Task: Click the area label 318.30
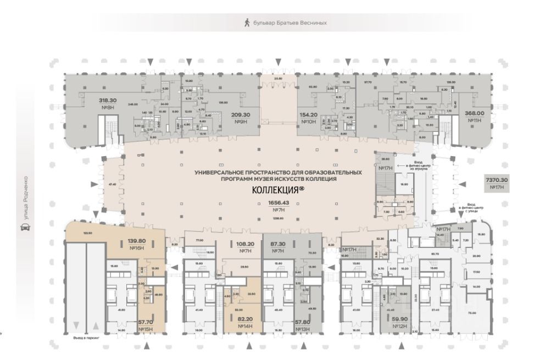(108, 101)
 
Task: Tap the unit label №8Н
(108, 108)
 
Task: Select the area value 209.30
(240, 115)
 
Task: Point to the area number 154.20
(309, 115)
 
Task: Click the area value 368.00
(474, 113)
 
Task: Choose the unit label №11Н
(474, 120)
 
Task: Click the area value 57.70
(146, 322)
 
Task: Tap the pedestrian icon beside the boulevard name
(247, 23)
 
